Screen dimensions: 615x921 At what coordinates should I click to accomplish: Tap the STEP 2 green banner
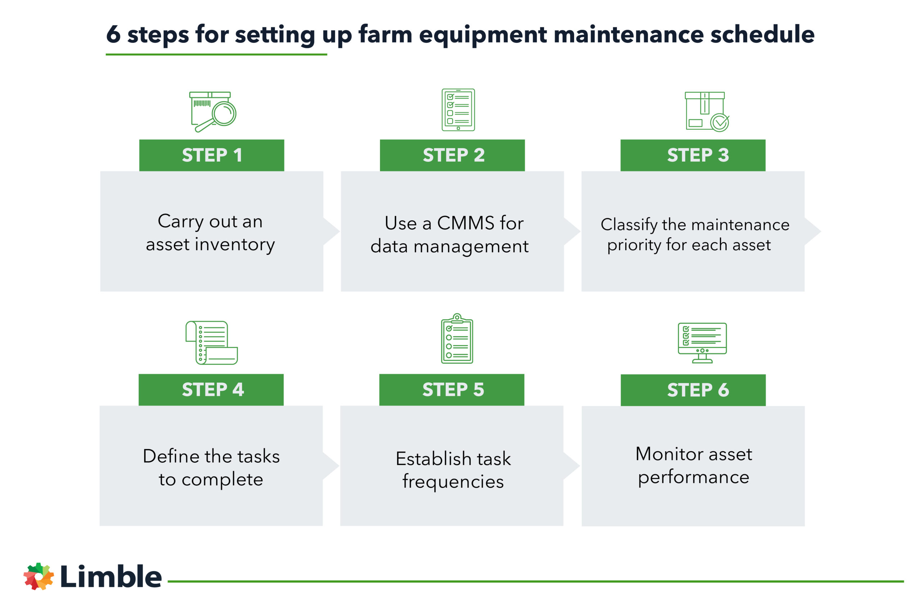[452, 155]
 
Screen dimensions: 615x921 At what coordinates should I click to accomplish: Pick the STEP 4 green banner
[211, 389]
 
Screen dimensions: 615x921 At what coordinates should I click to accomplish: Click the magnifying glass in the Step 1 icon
[224, 114]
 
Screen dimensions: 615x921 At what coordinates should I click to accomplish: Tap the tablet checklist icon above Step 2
[458, 110]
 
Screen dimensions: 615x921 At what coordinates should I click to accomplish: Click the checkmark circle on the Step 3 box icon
[720, 123]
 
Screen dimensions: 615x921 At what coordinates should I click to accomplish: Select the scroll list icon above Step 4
[211, 343]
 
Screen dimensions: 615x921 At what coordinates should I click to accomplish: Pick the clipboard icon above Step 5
[457, 339]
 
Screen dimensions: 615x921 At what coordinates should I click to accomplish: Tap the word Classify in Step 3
[629, 225]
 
